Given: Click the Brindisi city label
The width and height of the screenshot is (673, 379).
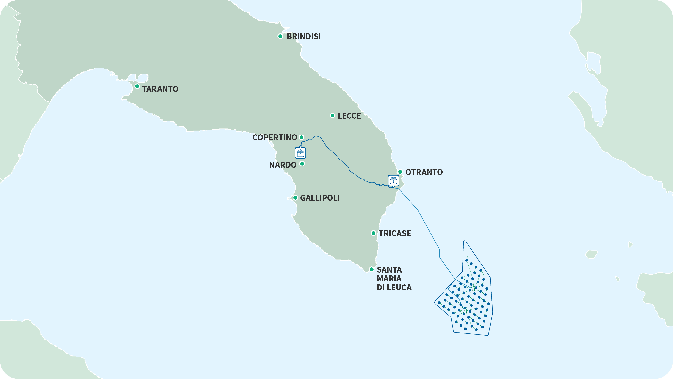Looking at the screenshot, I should click(x=304, y=36).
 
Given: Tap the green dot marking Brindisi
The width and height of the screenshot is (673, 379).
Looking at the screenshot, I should click(x=280, y=36).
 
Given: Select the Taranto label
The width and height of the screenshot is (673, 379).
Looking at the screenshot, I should click(x=160, y=89).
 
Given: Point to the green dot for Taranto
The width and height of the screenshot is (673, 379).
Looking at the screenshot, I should click(x=137, y=86).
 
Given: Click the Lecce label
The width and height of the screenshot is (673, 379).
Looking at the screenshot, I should click(x=349, y=116).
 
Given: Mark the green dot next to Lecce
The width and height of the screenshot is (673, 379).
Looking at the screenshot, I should click(x=332, y=116).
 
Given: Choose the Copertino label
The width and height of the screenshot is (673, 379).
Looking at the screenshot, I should click(x=275, y=138).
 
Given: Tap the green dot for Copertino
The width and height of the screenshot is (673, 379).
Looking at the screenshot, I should click(x=301, y=137).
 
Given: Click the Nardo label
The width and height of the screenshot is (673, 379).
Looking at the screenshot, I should click(x=283, y=165).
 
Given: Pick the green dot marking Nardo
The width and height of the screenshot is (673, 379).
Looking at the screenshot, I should click(x=302, y=164).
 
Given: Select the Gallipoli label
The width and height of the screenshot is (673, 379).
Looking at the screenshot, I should click(x=320, y=198).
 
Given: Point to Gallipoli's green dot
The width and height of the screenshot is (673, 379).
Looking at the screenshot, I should click(x=295, y=198).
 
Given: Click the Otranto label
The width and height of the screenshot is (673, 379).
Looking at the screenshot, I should click(x=424, y=172).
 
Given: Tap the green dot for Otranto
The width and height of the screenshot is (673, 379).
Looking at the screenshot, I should click(x=400, y=172).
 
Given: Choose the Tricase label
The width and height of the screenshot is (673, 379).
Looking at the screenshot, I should click(x=395, y=233).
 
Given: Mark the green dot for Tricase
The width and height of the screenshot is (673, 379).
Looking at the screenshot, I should click(x=374, y=233).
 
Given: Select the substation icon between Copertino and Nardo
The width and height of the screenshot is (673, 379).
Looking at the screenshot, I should click(x=300, y=153).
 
